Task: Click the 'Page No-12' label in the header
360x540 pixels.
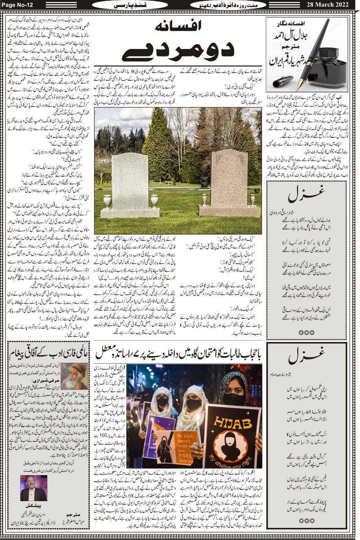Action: (18, 5)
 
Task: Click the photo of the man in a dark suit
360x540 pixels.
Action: (33, 487)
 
